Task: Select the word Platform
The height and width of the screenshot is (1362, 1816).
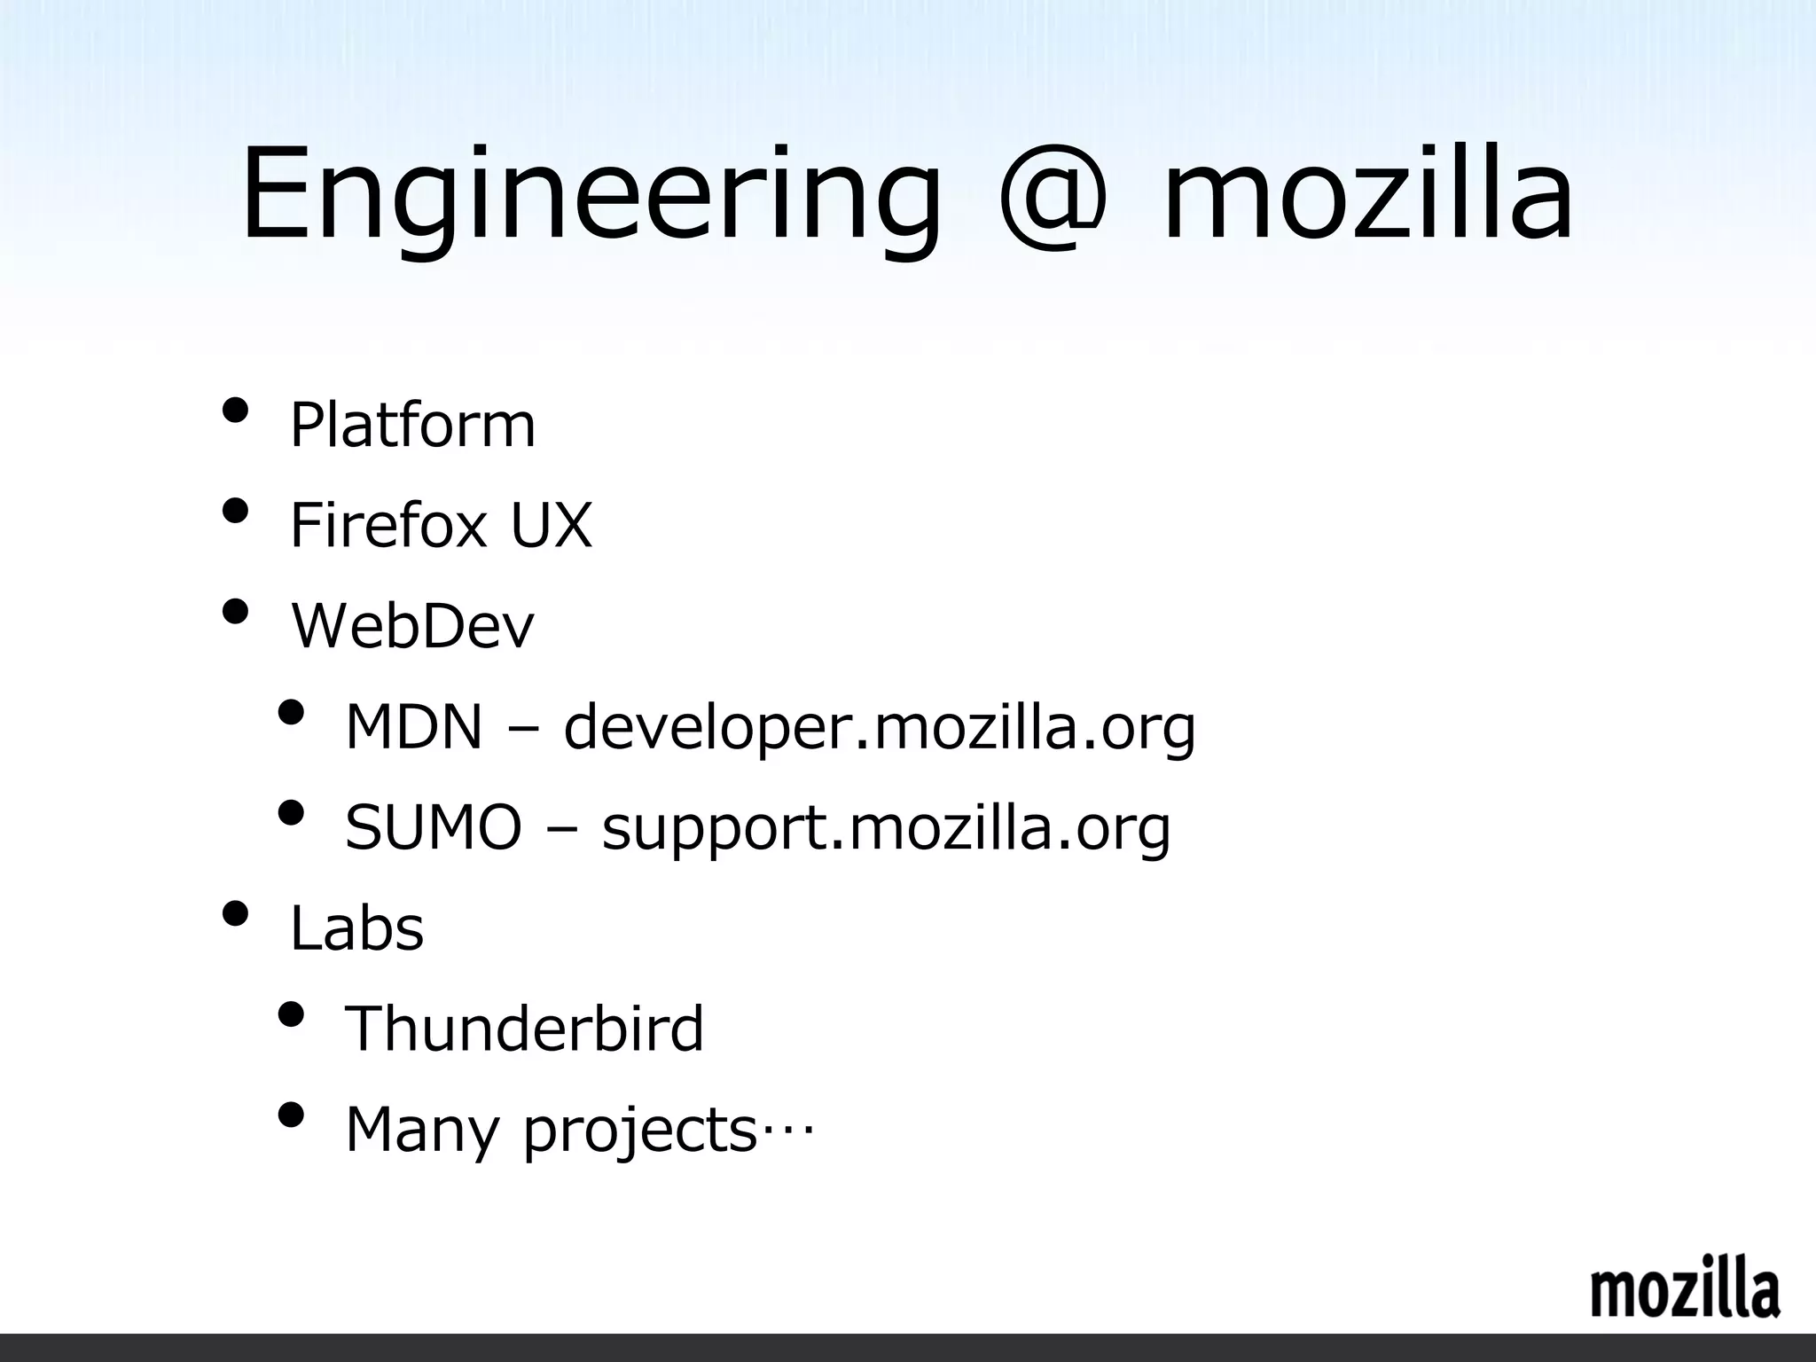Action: [x=412, y=425]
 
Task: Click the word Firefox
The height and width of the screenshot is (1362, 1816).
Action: [x=388, y=525]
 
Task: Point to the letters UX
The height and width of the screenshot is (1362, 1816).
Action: [x=551, y=525]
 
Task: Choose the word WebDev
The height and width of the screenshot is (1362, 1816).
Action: [x=413, y=625]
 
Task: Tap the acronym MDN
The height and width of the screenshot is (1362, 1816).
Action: [x=413, y=726]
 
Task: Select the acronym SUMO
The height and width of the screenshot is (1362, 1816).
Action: [x=433, y=826]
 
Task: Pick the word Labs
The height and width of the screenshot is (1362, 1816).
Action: [x=357, y=928]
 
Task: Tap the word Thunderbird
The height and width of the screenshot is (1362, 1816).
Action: [x=524, y=1028]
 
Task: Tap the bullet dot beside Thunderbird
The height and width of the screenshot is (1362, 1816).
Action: [x=291, y=1014]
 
